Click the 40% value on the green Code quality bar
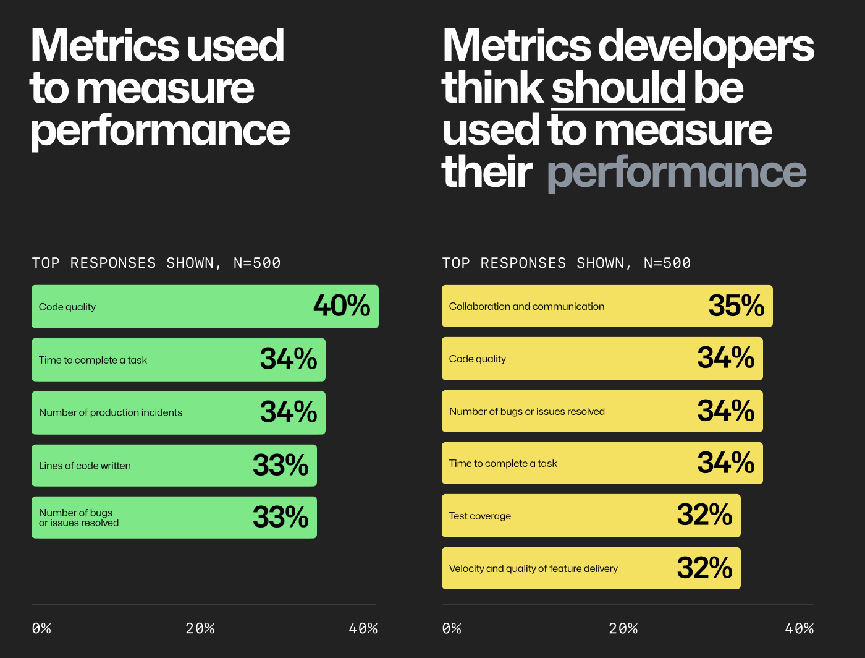pos(342,305)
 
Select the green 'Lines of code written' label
pos(85,466)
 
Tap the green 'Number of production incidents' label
pos(111,412)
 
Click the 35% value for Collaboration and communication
pos(736,305)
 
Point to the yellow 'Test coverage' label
pos(480,516)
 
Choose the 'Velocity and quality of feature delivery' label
pos(533,568)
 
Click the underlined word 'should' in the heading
pos(618,88)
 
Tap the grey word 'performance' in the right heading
pos(677,173)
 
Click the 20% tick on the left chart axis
pos(200,628)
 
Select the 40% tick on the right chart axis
pos(799,628)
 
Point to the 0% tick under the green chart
pos(41,628)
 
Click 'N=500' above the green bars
pos(257,263)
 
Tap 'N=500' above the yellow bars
pos(667,263)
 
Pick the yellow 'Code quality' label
pos(478,359)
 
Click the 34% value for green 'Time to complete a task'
pos(289,359)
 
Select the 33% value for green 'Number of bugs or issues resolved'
pos(281,517)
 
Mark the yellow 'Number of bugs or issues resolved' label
pos(527,411)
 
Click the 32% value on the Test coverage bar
pos(704,515)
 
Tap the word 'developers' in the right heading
pos(706,46)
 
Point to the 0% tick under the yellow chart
pos(452,628)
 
